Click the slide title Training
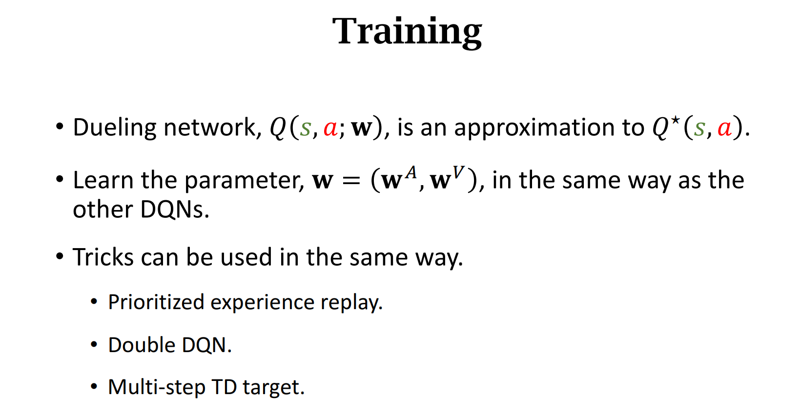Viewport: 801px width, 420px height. [x=407, y=32]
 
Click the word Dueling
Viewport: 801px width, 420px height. [x=115, y=128]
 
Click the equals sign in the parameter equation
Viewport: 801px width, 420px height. [x=350, y=181]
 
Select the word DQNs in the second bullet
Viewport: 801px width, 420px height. [x=175, y=210]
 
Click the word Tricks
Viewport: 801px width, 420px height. [x=103, y=257]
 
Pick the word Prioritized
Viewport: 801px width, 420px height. [x=156, y=302]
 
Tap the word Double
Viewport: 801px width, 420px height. [x=142, y=345]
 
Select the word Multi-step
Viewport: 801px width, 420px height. [x=156, y=387]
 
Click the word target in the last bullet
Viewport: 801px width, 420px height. [x=273, y=387]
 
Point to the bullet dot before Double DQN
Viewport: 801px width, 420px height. [x=94, y=345]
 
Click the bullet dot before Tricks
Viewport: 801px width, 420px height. [x=60, y=256]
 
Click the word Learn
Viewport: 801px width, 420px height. [x=103, y=180]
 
